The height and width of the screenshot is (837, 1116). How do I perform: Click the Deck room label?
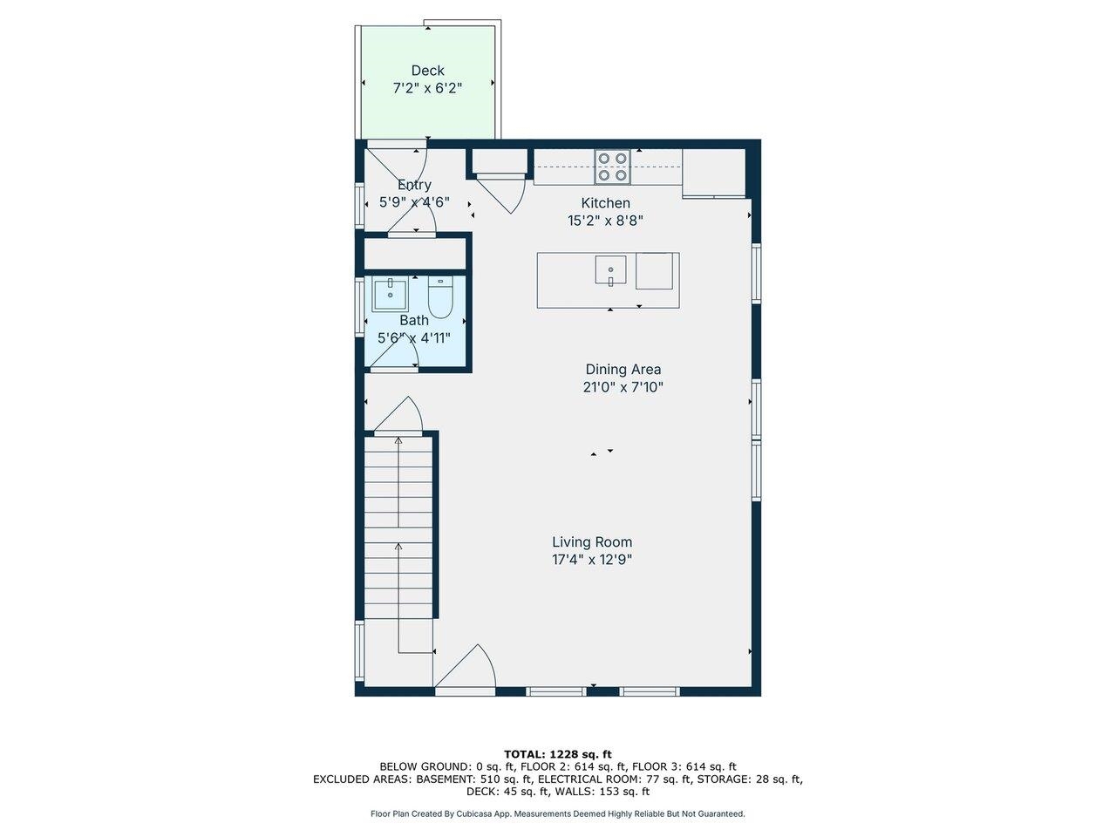[427, 71]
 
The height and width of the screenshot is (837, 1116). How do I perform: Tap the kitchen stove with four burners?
[612, 167]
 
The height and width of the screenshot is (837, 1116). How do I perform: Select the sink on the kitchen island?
[610, 270]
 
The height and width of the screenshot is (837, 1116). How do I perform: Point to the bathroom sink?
[390, 295]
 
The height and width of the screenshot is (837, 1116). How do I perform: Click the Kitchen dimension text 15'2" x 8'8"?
[605, 221]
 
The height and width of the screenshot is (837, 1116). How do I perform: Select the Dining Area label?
[623, 370]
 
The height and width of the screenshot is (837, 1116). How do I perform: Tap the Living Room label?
[592, 542]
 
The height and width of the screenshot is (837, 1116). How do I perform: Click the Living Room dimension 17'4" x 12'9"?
[592, 560]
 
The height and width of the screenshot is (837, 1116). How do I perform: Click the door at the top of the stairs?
[401, 416]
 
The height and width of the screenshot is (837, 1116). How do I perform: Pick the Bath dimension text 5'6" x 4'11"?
[413, 337]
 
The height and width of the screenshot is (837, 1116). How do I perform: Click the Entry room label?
[414, 185]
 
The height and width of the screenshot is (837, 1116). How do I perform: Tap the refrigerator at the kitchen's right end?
[713, 173]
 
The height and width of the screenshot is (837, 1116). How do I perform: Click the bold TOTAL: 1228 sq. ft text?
[558, 754]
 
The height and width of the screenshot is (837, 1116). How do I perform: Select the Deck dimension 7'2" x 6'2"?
[427, 88]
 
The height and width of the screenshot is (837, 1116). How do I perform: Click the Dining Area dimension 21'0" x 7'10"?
[623, 387]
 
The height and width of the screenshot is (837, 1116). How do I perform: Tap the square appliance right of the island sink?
[656, 270]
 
